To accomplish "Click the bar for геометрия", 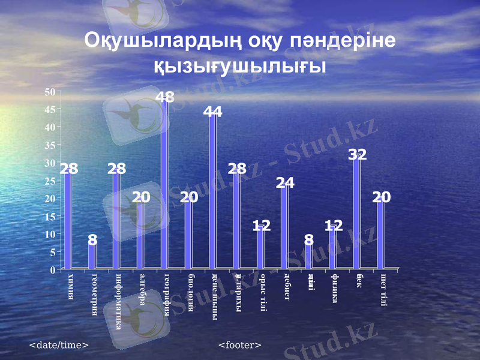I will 92,254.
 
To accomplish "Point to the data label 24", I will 285,184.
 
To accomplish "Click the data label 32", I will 358,154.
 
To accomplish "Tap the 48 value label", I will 165,97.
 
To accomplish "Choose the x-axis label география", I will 167,298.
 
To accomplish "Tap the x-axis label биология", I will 191,292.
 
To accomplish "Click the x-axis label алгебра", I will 143,290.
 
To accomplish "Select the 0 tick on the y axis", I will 53,270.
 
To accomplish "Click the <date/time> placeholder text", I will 59,345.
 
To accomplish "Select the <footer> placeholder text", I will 240,345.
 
